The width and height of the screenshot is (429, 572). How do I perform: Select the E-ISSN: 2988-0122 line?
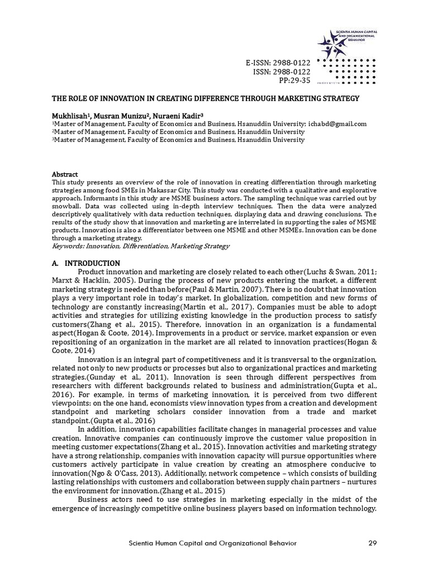pos(278,62)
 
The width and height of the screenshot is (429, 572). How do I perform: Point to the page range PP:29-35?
pos(294,80)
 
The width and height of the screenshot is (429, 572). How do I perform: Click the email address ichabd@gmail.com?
pos(337,124)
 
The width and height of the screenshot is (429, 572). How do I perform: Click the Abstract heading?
pos(65,174)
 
